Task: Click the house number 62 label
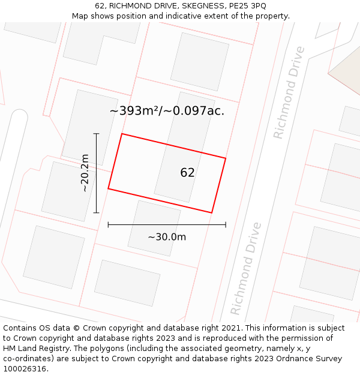[x=187, y=173]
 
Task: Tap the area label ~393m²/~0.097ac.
[x=167, y=110]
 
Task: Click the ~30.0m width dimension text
[x=167, y=236]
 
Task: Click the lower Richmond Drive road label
[x=246, y=268]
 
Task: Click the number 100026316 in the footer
[x=25, y=369]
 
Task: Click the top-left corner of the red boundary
[x=122, y=134]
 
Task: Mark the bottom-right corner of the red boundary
[x=212, y=212]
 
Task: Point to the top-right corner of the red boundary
[x=226, y=158]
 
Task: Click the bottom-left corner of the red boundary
[x=108, y=189]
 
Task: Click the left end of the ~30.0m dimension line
[x=108, y=225]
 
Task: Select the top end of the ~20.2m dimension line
[x=96, y=133]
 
